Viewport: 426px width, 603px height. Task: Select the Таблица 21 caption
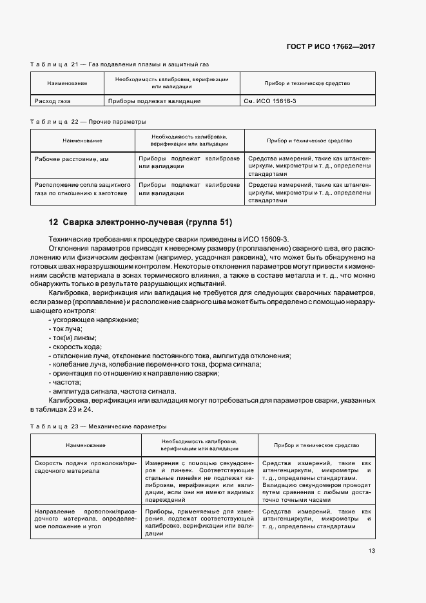[120, 64]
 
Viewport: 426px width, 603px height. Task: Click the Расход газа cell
[53, 101]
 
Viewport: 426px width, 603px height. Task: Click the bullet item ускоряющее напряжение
[93, 320]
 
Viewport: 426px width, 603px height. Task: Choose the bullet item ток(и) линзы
[73, 338]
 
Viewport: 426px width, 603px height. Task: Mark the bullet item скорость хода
[75, 347]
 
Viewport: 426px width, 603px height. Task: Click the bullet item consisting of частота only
[64, 382]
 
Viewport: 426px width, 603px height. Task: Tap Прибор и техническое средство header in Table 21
[307, 83]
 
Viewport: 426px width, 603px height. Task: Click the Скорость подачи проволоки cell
[85, 467]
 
